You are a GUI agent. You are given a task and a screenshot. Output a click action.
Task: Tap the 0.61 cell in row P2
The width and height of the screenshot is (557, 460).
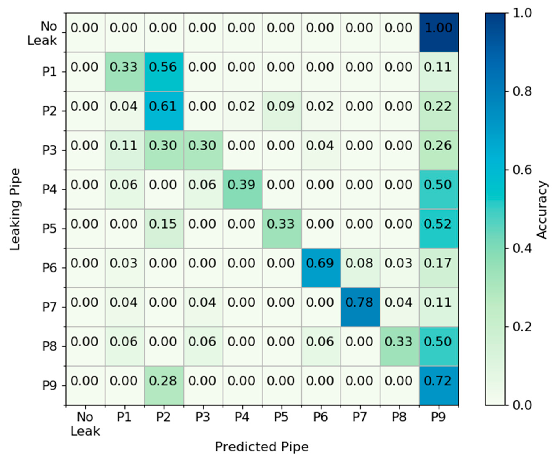[x=164, y=111]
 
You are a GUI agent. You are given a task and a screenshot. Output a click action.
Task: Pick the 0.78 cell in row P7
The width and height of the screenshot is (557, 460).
[x=360, y=307]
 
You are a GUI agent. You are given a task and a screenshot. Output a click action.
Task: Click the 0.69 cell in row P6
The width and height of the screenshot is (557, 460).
[x=321, y=268]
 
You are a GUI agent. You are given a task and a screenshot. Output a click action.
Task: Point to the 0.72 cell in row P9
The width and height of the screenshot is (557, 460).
[x=439, y=385]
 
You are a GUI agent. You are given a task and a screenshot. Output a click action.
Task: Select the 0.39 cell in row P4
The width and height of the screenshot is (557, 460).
[x=242, y=189]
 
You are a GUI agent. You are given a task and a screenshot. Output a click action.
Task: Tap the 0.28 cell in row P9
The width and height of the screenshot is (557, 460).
[x=164, y=385]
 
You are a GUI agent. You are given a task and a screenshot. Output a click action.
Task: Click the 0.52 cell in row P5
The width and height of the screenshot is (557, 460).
[x=439, y=228]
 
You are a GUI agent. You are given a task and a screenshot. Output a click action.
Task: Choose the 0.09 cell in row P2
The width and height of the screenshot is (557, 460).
[x=282, y=111]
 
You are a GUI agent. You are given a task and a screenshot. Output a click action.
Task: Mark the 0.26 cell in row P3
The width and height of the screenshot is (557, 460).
[x=439, y=150]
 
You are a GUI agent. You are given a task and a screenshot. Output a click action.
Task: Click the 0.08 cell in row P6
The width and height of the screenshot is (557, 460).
[x=360, y=268]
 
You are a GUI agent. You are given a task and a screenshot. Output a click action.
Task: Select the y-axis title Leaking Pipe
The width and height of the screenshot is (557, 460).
[x=15, y=209]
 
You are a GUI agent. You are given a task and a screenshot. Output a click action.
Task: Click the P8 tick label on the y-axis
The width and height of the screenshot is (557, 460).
[x=50, y=346]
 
